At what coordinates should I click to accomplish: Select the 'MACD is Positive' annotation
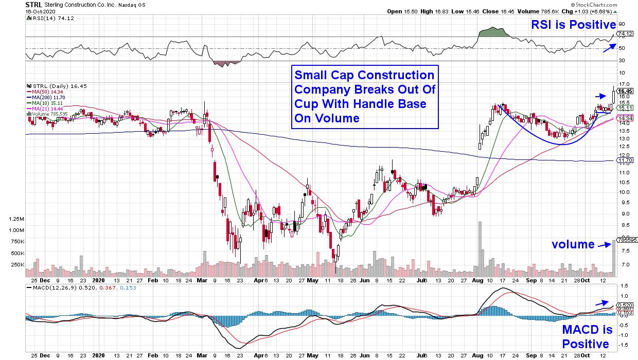pos(587,336)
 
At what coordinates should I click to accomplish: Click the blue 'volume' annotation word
pos(573,244)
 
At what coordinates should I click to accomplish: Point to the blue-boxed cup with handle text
pos(365,97)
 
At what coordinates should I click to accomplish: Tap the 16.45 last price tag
pos(625,91)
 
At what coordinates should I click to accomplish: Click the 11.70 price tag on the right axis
pos(624,160)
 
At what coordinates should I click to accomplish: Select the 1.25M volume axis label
pos(17,219)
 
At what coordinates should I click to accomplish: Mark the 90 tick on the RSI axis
pos(621,24)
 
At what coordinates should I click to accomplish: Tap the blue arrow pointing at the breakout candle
pos(601,96)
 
